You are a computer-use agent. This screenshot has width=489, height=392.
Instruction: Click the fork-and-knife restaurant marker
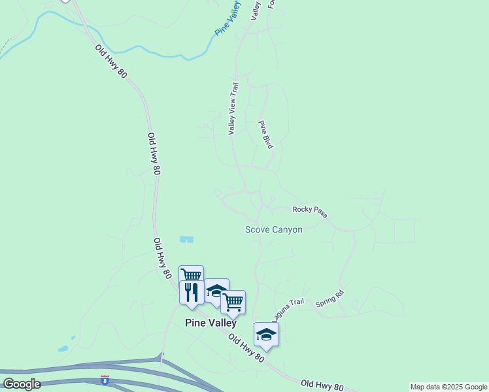click(192, 291)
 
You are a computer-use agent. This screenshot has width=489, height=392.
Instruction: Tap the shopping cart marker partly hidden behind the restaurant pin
click(191, 274)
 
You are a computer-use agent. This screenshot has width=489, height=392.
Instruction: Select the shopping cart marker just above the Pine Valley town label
click(233, 302)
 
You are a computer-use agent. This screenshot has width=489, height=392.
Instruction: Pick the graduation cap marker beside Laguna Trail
click(266, 334)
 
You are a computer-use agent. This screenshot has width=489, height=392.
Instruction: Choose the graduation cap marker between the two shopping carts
click(216, 290)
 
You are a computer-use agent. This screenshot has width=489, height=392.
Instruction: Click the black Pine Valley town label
click(211, 322)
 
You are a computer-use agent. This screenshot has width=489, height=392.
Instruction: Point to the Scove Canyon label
click(273, 229)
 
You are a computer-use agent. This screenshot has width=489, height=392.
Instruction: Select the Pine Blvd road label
click(265, 135)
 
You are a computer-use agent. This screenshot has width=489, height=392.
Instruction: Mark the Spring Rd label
click(329, 299)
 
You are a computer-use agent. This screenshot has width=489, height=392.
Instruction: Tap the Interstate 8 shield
click(105, 380)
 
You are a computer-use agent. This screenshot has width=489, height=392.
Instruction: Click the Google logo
click(21, 384)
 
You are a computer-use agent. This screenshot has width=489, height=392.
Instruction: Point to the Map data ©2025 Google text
click(449, 387)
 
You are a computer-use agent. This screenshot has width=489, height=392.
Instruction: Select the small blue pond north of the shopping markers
click(186, 239)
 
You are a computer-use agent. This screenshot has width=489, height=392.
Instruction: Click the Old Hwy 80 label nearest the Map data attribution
click(322, 385)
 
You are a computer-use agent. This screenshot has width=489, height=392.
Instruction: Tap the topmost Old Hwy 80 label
click(110, 61)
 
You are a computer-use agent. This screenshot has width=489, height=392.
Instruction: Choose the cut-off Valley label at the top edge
click(256, 10)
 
